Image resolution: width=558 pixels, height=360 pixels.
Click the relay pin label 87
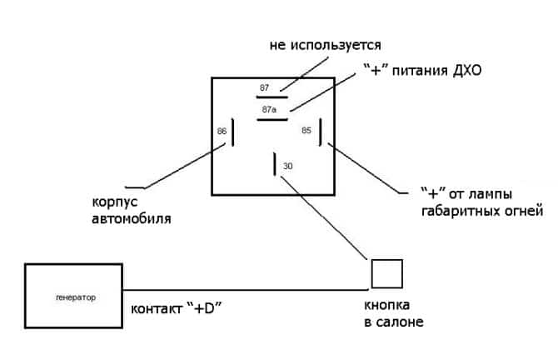pos(264,87)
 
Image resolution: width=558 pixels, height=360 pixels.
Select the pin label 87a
pos(268,109)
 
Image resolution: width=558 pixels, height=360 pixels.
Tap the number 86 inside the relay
pos(222,131)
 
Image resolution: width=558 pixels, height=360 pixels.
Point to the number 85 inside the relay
pos(306,131)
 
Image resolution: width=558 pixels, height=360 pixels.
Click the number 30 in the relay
pos(287,167)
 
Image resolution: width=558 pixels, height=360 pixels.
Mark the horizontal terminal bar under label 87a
pos(272,118)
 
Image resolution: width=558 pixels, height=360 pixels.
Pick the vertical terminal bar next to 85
pos(320,131)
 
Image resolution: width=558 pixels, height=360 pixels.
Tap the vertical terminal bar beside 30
pos(274,164)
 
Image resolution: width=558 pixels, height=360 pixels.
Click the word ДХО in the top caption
pos(466,72)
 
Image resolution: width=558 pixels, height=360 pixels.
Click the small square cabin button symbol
pos(387,273)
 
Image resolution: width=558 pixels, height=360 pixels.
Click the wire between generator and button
pos(250,289)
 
